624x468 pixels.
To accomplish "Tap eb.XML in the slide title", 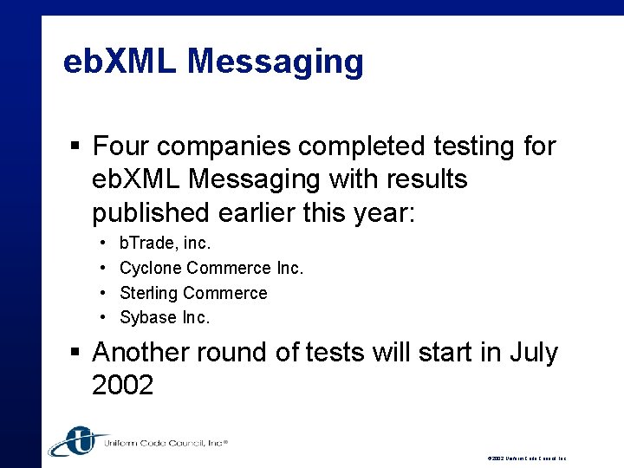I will pyautogui.click(x=120, y=62).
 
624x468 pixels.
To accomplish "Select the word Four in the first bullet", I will pyautogui.click(x=122, y=146).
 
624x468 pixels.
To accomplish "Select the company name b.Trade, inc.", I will pyautogui.click(x=165, y=244).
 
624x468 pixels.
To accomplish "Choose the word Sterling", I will pyautogui.click(x=149, y=293).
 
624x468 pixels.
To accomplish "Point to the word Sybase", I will pyautogui.click(x=148, y=317).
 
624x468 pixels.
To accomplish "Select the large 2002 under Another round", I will pyautogui.click(x=122, y=385).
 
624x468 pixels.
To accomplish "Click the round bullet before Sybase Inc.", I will pyautogui.click(x=102, y=318).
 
